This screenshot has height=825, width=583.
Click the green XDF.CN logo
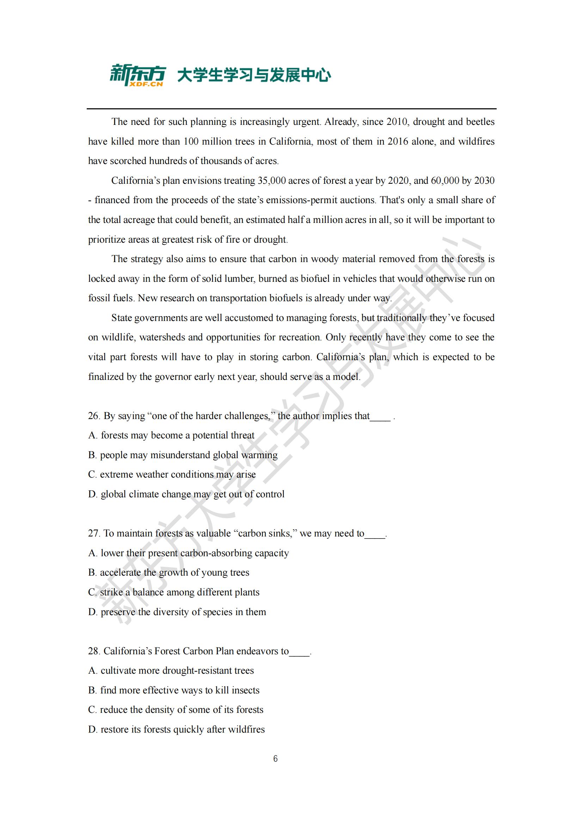tap(137, 75)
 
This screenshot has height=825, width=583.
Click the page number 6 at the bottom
tap(275, 759)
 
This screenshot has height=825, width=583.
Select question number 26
tap(94, 416)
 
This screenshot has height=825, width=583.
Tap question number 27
tap(94, 533)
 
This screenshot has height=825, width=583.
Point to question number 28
tap(94, 651)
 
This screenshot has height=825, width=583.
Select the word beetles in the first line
tap(480, 121)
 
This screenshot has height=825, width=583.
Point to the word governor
tap(173, 377)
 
